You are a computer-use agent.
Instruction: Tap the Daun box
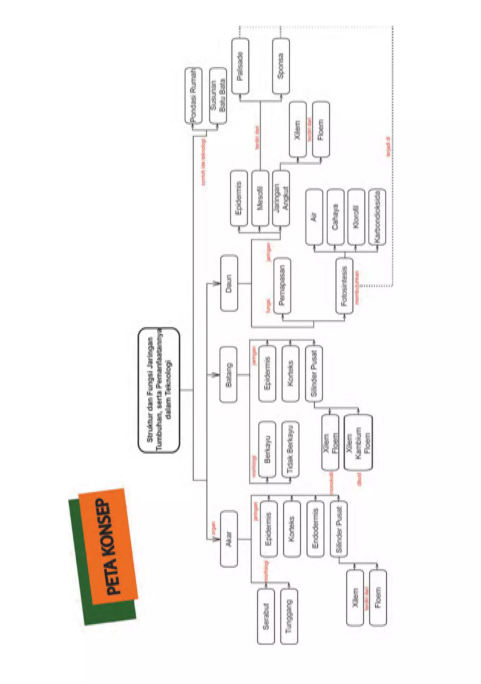click(229, 283)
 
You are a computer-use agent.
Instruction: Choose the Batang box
click(228, 375)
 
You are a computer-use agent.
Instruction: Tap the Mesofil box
click(260, 198)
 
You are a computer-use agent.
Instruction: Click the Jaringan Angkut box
click(281, 198)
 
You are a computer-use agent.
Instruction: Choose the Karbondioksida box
click(377, 217)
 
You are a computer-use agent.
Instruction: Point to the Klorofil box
click(356, 217)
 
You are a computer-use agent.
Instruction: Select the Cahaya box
click(335, 217)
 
